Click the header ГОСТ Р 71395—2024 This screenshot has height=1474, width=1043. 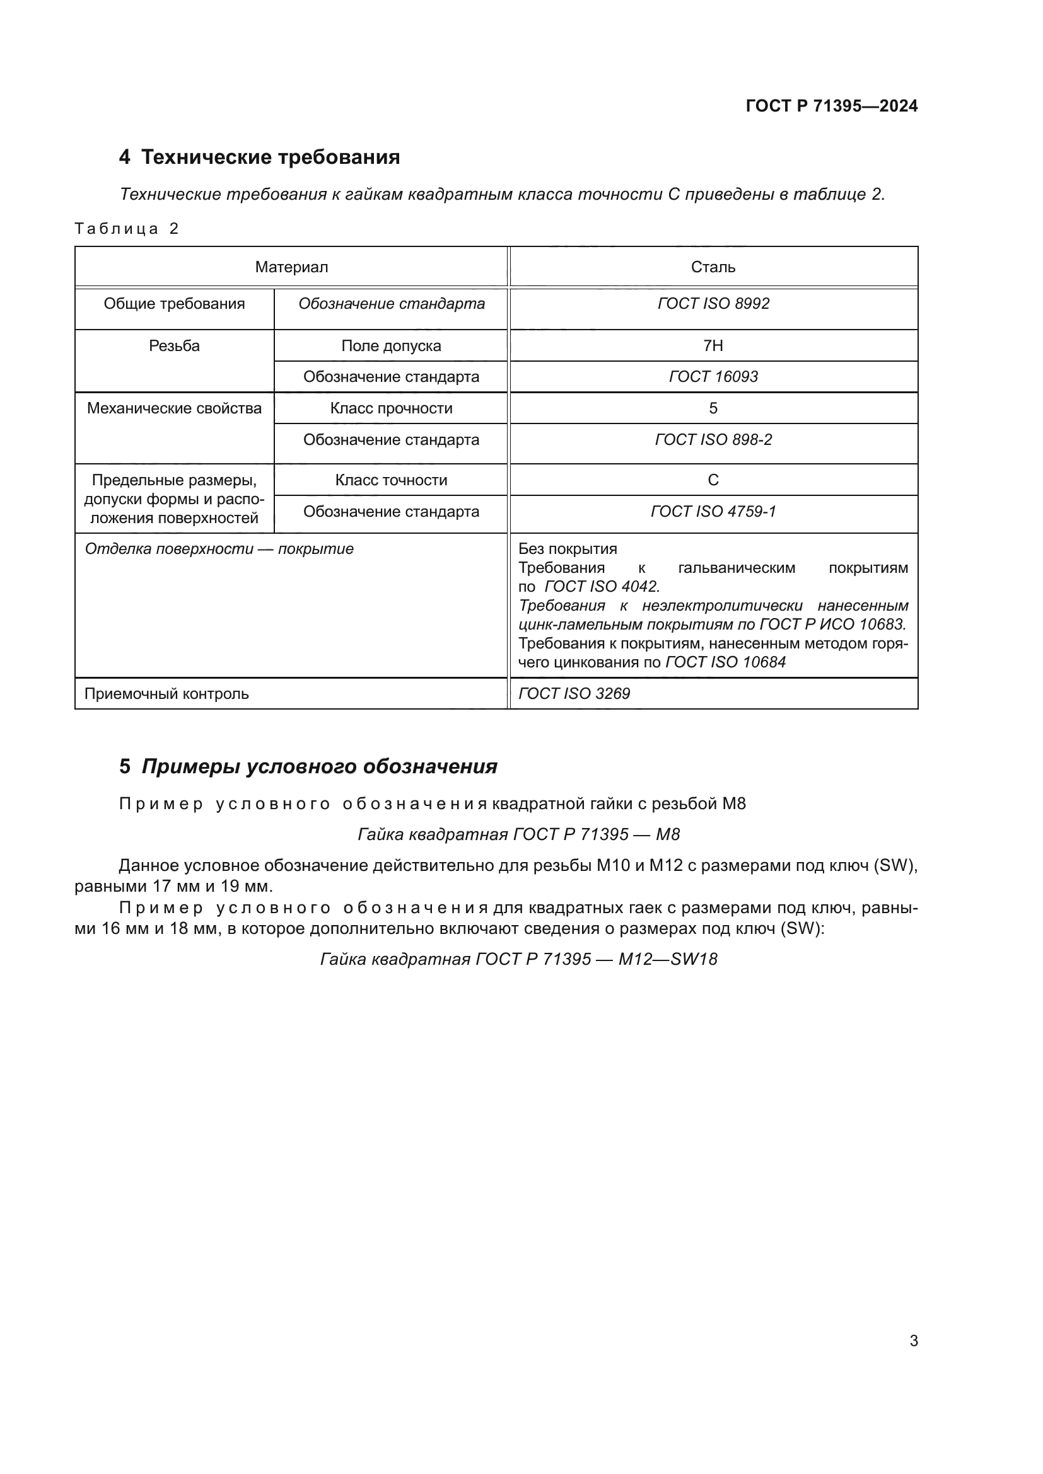tap(831, 106)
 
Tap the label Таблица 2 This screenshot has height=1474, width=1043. tap(126, 229)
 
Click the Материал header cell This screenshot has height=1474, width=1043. tap(291, 267)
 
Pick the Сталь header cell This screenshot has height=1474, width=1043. tap(713, 267)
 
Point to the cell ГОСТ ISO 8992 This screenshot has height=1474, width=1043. tap(713, 304)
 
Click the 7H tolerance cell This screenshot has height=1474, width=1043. tap(713, 346)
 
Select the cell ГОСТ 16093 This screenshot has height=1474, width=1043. tap(713, 377)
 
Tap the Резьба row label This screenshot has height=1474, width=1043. tap(174, 346)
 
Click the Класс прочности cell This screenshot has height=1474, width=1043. tap(390, 408)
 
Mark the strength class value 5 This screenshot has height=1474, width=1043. tap(713, 408)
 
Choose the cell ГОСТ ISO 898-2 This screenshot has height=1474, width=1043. tap(713, 440)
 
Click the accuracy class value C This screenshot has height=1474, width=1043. tap(713, 480)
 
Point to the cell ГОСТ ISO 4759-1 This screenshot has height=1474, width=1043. tap(713, 512)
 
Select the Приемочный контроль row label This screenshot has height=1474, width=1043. tap(166, 694)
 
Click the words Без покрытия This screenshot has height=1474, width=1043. tap(567, 550)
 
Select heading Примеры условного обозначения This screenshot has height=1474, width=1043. tap(318, 766)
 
